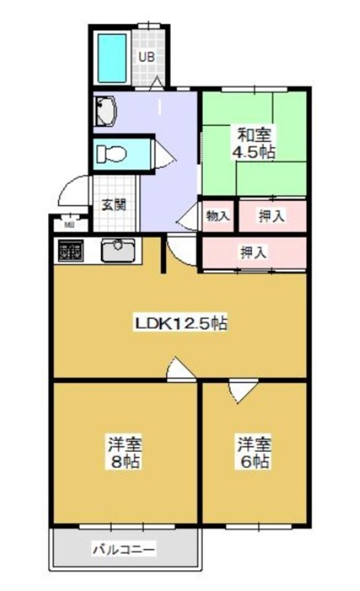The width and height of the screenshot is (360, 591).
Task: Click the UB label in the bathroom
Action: click(x=146, y=57)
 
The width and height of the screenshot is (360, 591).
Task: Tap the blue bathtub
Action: click(x=112, y=58)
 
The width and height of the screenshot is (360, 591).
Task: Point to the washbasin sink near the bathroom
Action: click(x=105, y=111)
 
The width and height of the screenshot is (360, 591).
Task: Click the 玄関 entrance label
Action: click(x=114, y=206)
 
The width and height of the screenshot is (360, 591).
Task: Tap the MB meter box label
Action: click(x=69, y=225)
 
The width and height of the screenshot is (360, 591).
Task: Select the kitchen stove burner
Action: click(x=70, y=250)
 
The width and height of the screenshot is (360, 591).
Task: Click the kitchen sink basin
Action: click(x=118, y=250)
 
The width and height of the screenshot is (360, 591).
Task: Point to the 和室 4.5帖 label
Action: click(x=254, y=143)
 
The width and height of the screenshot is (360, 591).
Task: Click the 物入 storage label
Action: click(x=218, y=216)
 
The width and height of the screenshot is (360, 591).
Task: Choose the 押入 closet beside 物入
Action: click(x=271, y=216)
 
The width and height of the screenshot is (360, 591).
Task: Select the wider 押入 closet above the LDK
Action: click(x=254, y=252)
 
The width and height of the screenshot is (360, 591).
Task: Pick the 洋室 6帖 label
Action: click(x=254, y=453)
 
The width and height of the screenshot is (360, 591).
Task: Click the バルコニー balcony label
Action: click(x=124, y=549)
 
